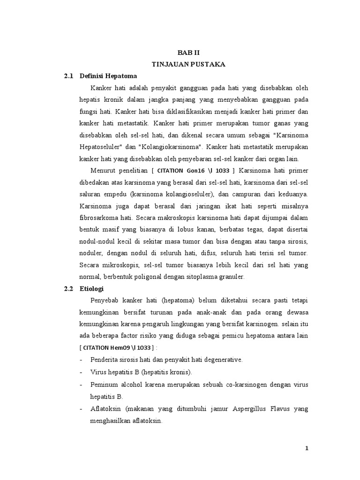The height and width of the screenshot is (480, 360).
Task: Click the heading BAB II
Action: pyautogui.click(x=191, y=53)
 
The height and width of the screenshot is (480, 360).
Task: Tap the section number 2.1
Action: pyautogui.click(x=69, y=75)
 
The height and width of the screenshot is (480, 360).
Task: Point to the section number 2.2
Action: pyautogui.click(x=69, y=288)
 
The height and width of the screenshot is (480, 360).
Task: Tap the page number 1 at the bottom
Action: pyautogui.click(x=307, y=448)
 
